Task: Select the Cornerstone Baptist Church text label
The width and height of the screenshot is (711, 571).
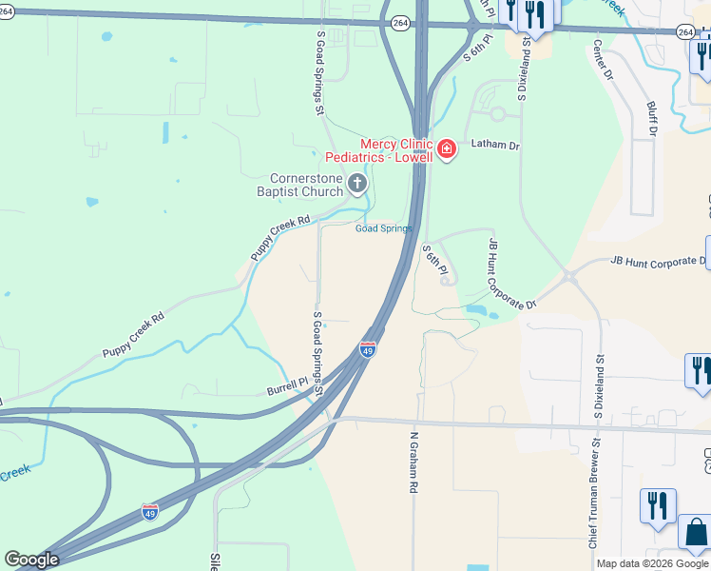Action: pos(306,185)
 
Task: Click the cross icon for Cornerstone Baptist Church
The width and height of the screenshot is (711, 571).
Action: pos(357,183)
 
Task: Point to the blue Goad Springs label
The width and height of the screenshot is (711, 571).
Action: pos(383,228)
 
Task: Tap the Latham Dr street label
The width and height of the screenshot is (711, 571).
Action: pos(495,146)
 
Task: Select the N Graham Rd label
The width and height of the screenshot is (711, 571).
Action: pos(414,463)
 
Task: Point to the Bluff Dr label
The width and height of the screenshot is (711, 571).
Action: pos(652,120)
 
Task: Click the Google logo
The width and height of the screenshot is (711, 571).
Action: pos(31,560)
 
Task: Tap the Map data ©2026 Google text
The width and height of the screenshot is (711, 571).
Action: pos(651,563)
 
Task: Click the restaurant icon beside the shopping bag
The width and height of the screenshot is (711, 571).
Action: pos(657,506)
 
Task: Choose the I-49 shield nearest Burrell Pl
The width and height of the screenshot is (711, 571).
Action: pos(368,350)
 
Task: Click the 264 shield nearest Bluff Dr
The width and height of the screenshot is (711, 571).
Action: pos(685,32)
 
